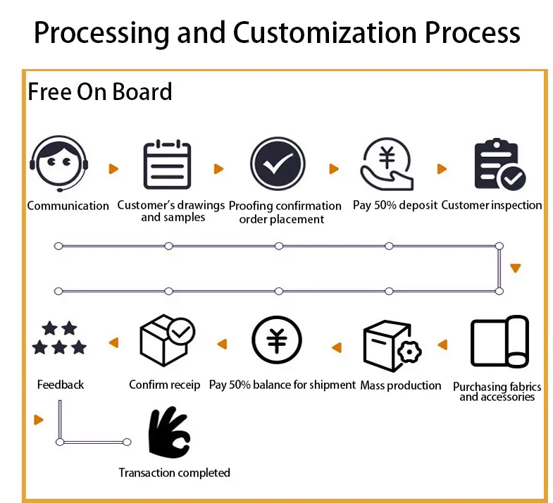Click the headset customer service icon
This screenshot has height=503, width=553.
coord(59,163)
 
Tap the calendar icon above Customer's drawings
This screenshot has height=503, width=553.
coord(167,164)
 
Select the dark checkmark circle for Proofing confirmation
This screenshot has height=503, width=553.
coord(278,164)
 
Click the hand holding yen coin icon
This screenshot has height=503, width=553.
coord(387,164)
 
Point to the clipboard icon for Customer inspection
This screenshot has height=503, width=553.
coord(500,164)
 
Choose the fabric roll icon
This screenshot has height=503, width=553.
coord(500,342)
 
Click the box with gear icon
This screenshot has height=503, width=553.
coord(392,346)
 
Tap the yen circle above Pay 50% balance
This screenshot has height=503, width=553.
coord(277,340)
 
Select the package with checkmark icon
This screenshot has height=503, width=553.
coord(168,340)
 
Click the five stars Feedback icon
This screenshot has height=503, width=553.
coord(59,337)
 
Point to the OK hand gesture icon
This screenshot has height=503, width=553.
coord(170,433)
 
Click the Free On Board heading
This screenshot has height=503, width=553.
coord(100,92)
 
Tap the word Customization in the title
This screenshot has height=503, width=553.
coord(325,32)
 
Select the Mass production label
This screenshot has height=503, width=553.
coord(401,385)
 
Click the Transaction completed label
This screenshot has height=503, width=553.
coord(174,473)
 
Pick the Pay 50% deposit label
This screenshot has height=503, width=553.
coord(395,205)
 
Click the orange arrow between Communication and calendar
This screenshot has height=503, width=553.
coord(113,169)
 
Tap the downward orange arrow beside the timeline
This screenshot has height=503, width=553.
coord(516,268)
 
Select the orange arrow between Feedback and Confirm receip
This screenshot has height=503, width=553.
coord(114,342)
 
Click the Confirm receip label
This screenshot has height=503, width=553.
coord(165,385)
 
